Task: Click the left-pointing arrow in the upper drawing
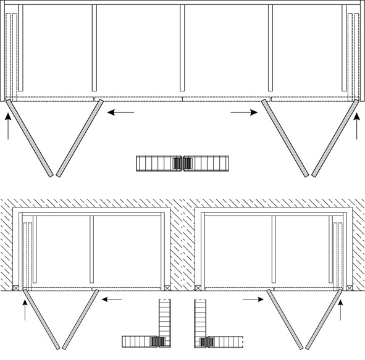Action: [x=120, y=112]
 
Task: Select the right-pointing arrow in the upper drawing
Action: [x=244, y=112]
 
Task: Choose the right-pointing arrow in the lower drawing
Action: [x=253, y=299]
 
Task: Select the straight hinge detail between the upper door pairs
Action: [x=182, y=163]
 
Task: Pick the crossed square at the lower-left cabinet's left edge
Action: [x=15, y=287]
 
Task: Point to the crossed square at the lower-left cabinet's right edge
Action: [x=168, y=287]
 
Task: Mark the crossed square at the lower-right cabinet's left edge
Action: [x=197, y=287]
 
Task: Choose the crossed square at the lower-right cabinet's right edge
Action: [x=349, y=287]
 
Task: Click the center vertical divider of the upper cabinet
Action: [x=182, y=48]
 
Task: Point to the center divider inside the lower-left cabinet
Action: [x=92, y=250]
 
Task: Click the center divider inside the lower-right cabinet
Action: [x=273, y=250]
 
